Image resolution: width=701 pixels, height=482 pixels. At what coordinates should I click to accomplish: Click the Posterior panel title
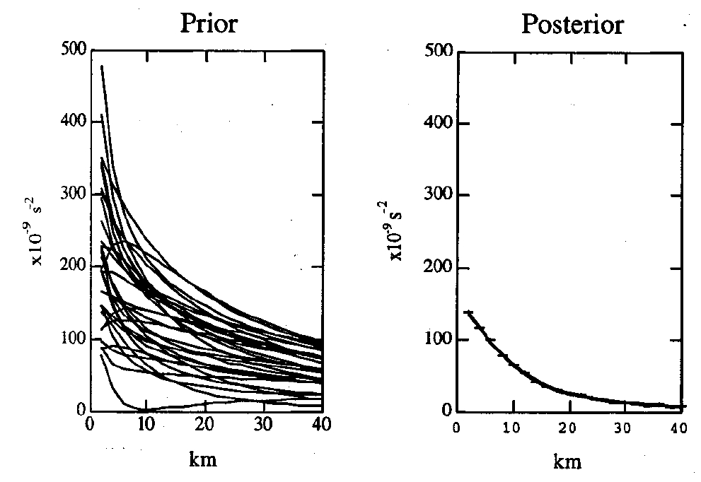[572, 24]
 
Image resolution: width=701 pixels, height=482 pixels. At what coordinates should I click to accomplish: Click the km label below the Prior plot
[203, 460]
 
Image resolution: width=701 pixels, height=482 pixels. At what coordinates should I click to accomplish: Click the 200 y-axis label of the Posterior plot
[439, 269]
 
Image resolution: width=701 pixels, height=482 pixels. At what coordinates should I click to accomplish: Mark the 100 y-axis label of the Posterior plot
[439, 340]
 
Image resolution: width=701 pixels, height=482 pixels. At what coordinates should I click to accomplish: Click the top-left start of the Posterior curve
[467, 312]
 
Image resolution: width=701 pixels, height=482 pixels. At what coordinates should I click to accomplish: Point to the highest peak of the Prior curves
[102, 66]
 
